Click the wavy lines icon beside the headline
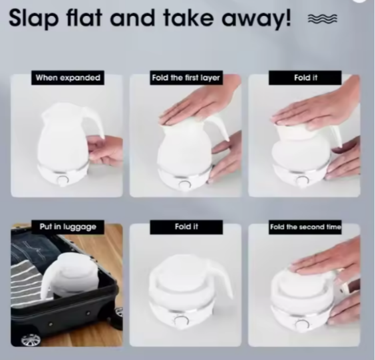(322, 19)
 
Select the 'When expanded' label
(68, 78)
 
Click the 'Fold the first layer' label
(186, 78)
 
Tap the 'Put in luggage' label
(68, 226)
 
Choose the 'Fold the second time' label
(305, 227)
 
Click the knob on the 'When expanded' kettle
(63, 180)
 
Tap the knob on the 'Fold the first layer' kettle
(185, 185)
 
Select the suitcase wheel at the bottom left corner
(30, 340)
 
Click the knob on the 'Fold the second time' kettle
(302, 325)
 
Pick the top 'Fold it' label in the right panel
(305, 78)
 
